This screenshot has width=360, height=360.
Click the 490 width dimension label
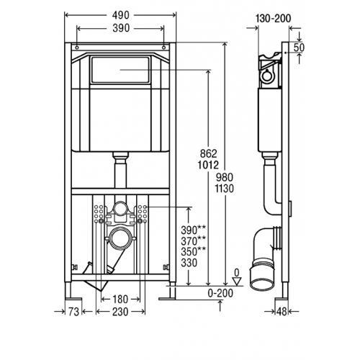point(121,15)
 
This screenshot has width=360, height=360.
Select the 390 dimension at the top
point(121,28)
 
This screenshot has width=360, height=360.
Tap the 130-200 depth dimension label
point(274,19)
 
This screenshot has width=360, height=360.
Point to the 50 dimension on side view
point(299,48)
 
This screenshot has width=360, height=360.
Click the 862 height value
point(208,153)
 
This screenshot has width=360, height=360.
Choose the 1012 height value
point(208,165)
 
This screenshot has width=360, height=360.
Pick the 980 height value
point(225,178)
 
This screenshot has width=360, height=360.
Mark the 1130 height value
point(224,189)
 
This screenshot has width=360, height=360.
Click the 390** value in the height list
point(193,230)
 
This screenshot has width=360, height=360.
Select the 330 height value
point(189,263)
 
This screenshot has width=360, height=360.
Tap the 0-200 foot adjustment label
point(220,293)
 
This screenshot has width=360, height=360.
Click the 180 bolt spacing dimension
point(120,300)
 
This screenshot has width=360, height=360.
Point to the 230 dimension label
point(120,312)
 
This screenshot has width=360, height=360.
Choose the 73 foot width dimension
point(73,312)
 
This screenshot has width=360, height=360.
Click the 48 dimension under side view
point(282,312)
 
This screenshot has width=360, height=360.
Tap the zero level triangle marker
point(237,282)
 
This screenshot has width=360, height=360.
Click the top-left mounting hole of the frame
point(77,48)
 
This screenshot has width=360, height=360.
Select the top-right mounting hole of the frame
point(163,48)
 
